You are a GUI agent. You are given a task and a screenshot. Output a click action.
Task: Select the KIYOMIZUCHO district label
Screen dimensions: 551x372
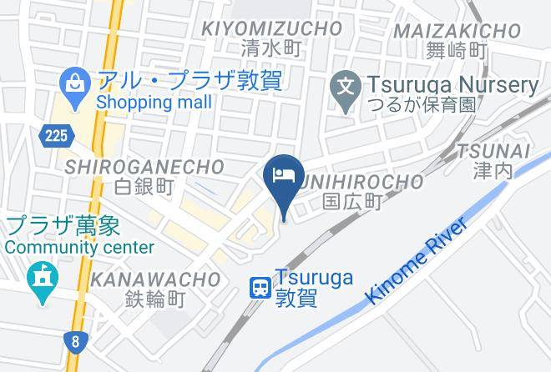click(x=272, y=28)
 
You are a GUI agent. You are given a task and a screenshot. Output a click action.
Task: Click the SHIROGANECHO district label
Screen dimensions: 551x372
click(x=144, y=167)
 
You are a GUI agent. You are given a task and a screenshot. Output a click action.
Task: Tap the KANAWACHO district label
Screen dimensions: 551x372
click(x=156, y=279)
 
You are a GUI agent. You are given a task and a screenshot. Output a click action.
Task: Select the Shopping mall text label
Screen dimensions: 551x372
click(x=154, y=103)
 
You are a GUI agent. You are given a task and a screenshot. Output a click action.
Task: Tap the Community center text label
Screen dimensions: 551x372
click(x=79, y=248)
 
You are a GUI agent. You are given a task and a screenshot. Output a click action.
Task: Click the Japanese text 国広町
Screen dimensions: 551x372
click(x=352, y=201)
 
